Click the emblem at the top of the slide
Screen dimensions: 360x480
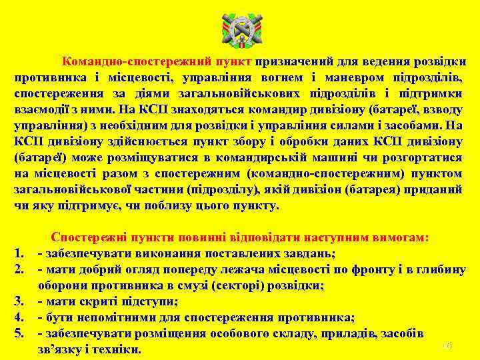click(240, 31)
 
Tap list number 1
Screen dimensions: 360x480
click(19, 253)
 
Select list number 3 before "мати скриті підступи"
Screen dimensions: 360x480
click(19, 301)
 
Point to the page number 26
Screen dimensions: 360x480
click(447, 346)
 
